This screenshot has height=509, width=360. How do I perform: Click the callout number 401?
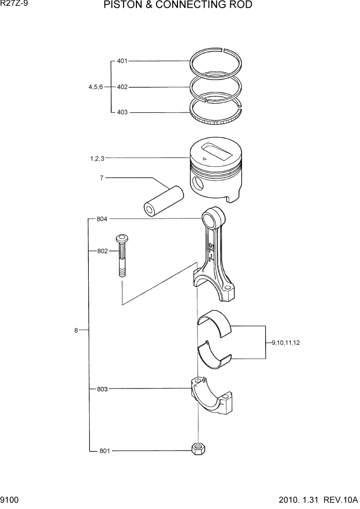(x=122, y=61)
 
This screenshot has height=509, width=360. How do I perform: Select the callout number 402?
(x=122, y=87)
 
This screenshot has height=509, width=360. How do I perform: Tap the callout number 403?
(x=122, y=112)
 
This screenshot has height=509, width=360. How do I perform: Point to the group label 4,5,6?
(x=95, y=87)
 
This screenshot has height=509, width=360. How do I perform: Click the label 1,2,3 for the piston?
(x=97, y=159)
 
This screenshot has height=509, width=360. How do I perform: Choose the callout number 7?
(x=102, y=178)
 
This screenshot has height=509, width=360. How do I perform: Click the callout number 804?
(x=102, y=219)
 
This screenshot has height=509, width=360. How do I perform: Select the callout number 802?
(x=102, y=251)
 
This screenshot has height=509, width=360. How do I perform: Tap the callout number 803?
(x=102, y=389)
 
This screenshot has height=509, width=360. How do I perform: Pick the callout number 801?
(x=105, y=451)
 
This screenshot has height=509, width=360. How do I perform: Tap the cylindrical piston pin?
(x=163, y=201)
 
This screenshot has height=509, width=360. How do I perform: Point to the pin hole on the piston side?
(x=198, y=183)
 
